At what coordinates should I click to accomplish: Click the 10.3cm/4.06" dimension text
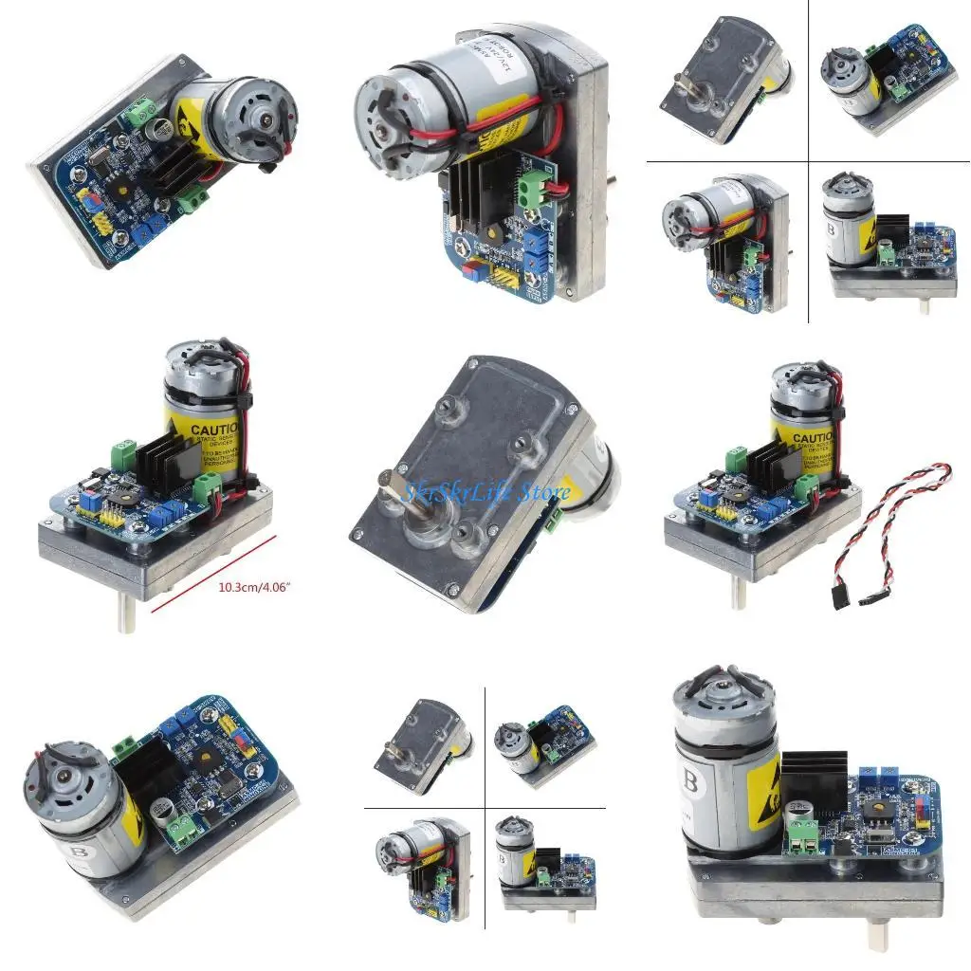tap(255, 586)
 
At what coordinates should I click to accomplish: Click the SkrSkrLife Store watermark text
tap(486, 492)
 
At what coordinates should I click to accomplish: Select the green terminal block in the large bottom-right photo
tap(803, 834)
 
